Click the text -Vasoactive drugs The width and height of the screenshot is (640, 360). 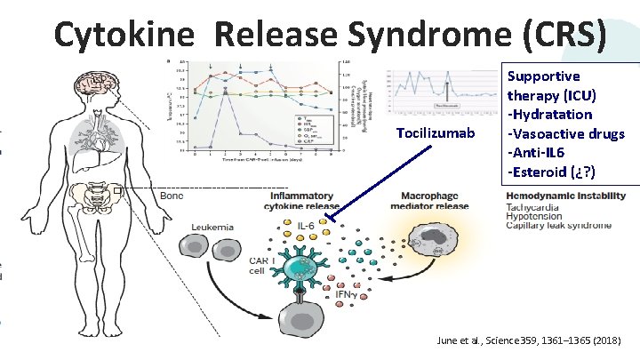[x=566, y=133]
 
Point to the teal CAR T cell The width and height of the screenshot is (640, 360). [x=306, y=265]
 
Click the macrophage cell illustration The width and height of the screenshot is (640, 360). [x=435, y=244]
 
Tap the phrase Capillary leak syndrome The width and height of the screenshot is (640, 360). [x=558, y=226]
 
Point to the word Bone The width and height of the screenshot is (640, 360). [x=172, y=196]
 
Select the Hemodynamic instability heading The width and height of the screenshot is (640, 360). [x=558, y=196]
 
